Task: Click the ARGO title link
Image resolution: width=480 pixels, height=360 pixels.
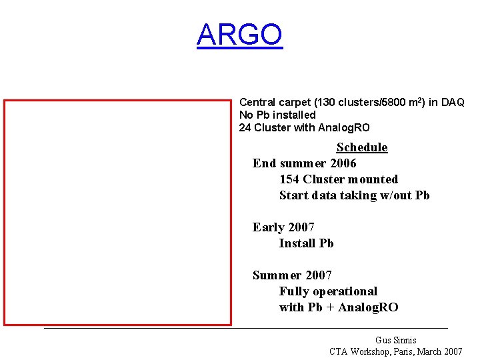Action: click(x=239, y=35)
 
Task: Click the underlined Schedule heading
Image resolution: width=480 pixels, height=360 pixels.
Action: click(x=361, y=147)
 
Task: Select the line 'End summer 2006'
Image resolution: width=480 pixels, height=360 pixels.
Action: click(x=304, y=163)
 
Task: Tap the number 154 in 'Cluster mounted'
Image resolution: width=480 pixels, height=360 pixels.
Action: click(x=289, y=179)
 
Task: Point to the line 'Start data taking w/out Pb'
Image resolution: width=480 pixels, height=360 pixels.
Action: click(x=354, y=195)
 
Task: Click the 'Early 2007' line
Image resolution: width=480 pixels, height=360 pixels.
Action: click(x=283, y=227)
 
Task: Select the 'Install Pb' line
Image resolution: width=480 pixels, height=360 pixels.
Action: click(x=306, y=243)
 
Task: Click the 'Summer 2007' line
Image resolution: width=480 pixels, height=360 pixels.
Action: click(x=292, y=275)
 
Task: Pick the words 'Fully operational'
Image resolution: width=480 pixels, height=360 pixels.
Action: click(x=328, y=291)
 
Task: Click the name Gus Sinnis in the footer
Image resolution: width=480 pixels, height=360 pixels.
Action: click(x=395, y=340)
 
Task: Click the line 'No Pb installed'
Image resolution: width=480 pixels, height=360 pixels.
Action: click(x=277, y=115)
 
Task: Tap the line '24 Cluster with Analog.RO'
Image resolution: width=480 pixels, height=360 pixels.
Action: click(x=304, y=127)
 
